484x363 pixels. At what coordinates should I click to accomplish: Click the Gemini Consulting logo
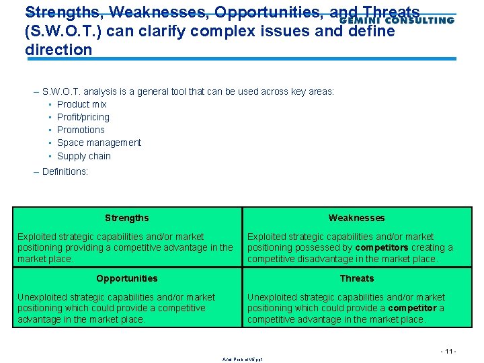[x=397, y=20]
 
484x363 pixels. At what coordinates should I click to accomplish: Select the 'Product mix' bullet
[x=81, y=104]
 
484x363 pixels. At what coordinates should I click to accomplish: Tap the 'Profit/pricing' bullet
[x=83, y=117]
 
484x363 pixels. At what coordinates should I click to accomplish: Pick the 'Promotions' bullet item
[x=81, y=130]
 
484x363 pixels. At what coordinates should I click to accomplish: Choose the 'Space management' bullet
[x=99, y=143]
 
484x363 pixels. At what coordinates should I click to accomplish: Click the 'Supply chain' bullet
[x=83, y=156]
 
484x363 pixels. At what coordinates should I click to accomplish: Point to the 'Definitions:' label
[x=65, y=171]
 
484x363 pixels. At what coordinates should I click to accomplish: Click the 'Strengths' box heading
[x=127, y=218]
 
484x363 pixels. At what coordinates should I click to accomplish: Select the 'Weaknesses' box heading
[x=356, y=218]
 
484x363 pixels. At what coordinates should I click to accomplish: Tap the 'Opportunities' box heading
[x=127, y=278]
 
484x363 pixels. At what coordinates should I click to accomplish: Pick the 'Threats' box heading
[x=356, y=278]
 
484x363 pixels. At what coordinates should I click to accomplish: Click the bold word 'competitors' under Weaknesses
[x=382, y=247]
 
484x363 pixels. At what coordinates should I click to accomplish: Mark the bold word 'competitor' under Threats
[x=411, y=308]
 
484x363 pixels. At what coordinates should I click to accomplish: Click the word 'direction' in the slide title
[x=58, y=50]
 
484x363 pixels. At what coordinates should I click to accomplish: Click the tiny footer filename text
[x=243, y=360]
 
